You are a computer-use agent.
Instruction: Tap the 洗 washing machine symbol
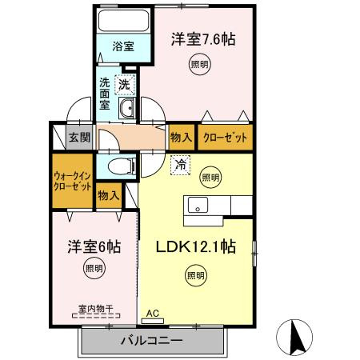pos(126,82)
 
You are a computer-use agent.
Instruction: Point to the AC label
pos(152,314)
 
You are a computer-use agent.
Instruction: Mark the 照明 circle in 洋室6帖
pos(93,270)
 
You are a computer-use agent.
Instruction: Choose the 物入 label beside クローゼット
pos(180,137)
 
